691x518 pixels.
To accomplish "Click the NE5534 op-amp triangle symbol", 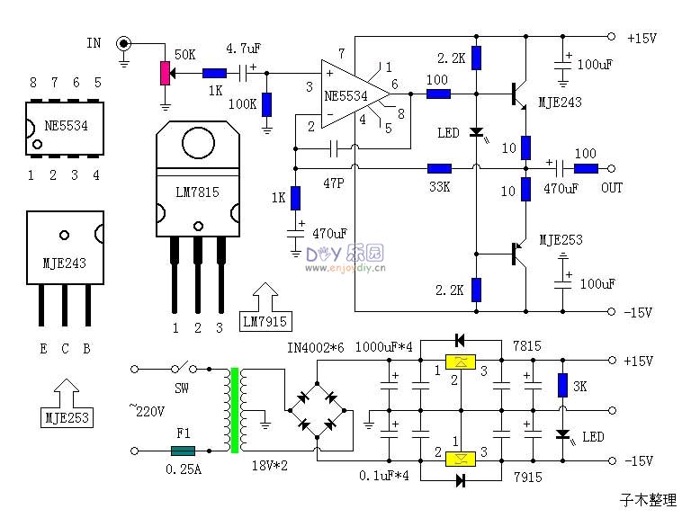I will pos(353,93).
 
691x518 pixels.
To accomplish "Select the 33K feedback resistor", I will pos(439,168).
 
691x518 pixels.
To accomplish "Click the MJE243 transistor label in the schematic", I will pos(560,103).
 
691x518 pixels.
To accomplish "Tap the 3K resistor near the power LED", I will pos(562,385).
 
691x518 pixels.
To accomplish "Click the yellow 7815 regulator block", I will pos(460,362).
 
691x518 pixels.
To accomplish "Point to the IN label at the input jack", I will pos(94,43).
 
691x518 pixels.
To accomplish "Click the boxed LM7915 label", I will pos(267,321).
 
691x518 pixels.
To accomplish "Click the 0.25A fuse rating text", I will pos(185,469).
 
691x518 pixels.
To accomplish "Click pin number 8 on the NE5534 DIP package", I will pos(33,83).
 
